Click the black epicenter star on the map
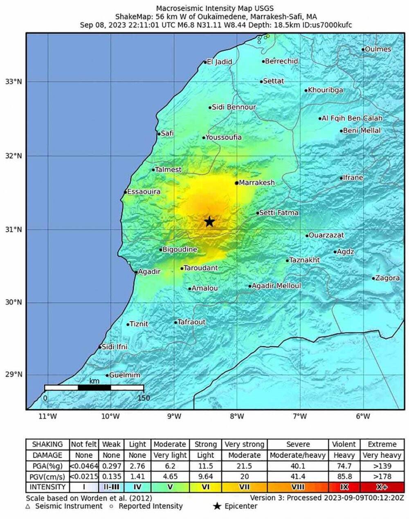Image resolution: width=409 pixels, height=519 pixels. pyautogui.click(x=209, y=222)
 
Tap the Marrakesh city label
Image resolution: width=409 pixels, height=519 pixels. pyautogui.click(x=256, y=183)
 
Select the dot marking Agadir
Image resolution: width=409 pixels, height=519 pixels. pyautogui.click(x=136, y=272)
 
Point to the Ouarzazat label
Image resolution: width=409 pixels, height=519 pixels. pyautogui.click(x=326, y=235)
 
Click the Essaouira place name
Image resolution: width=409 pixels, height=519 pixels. pyautogui.click(x=144, y=192)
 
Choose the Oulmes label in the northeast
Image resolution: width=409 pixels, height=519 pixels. pyautogui.click(x=378, y=49)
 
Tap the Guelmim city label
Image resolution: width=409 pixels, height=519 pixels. pyautogui.click(x=124, y=375)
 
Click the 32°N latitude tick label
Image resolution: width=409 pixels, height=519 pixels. pyautogui.click(x=13, y=156)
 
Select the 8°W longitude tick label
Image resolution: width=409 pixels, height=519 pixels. pyautogui.click(x=236, y=416)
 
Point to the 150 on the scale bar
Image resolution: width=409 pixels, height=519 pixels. pyautogui.click(x=144, y=398)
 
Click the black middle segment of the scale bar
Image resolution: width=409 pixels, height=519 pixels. pyautogui.click(x=94, y=387)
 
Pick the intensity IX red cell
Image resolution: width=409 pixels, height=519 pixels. pyautogui.click(x=344, y=487)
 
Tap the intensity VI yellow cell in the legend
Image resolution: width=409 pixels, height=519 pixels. pyautogui.click(x=205, y=487)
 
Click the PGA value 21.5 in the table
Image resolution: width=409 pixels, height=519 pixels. pyautogui.click(x=244, y=466)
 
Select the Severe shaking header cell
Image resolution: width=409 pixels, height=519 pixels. pyautogui.click(x=298, y=444)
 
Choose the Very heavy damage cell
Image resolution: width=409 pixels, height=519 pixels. pyautogui.click(x=382, y=455)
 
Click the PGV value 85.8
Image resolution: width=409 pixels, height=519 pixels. pyautogui.click(x=344, y=476)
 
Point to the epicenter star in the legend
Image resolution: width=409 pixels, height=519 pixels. pyautogui.click(x=217, y=507)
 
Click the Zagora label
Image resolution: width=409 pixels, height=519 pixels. pyautogui.click(x=387, y=278)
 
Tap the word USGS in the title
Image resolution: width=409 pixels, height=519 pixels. pyautogui.click(x=263, y=8)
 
